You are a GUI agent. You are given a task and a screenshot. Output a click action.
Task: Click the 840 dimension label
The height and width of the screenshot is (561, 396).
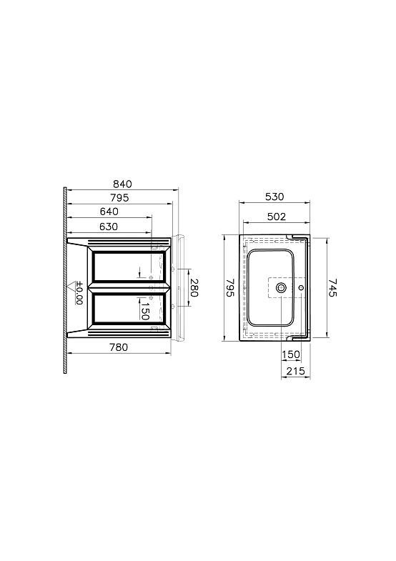(x=122, y=184)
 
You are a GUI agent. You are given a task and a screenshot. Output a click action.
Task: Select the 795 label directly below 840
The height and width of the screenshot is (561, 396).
(x=119, y=198)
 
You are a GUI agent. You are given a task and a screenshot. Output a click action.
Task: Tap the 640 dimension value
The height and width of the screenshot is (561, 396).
(x=109, y=212)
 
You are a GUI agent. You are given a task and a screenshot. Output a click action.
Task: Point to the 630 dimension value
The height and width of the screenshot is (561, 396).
(x=109, y=227)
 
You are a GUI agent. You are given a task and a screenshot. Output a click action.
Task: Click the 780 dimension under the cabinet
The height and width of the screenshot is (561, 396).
(x=119, y=347)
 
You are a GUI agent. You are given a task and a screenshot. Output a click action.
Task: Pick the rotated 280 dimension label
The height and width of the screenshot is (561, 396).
(x=194, y=288)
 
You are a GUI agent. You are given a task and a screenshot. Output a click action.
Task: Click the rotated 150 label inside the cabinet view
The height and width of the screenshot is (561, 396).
(x=145, y=310)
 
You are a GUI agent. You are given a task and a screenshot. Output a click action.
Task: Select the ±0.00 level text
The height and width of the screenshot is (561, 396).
(x=79, y=293)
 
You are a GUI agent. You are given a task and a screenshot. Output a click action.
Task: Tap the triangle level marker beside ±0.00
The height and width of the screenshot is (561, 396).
(x=73, y=287)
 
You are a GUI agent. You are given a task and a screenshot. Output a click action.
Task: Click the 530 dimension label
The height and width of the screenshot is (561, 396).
(x=274, y=197)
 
